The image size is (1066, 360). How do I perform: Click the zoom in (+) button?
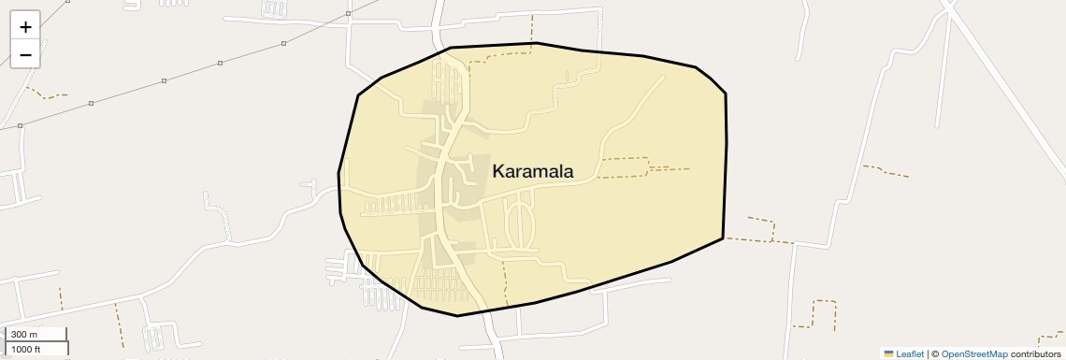point(25,27)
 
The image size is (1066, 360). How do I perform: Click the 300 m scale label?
point(26,335)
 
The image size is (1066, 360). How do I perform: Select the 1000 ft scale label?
point(26,349)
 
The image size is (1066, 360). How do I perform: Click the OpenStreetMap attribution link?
point(973,354)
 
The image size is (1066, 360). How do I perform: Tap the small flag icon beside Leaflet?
point(888,354)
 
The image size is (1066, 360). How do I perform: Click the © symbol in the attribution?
point(935,354)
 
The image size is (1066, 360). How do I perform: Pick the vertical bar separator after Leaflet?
point(928,354)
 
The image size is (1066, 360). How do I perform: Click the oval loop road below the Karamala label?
point(520,224)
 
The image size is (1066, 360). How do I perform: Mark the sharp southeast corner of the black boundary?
point(723,238)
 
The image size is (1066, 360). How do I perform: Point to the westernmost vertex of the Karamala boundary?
point(339,173)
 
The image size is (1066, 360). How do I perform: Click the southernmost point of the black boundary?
point(457,316)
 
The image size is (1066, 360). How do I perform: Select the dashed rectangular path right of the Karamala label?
point(624,167)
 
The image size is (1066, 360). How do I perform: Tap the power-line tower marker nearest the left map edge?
point(21,125)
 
